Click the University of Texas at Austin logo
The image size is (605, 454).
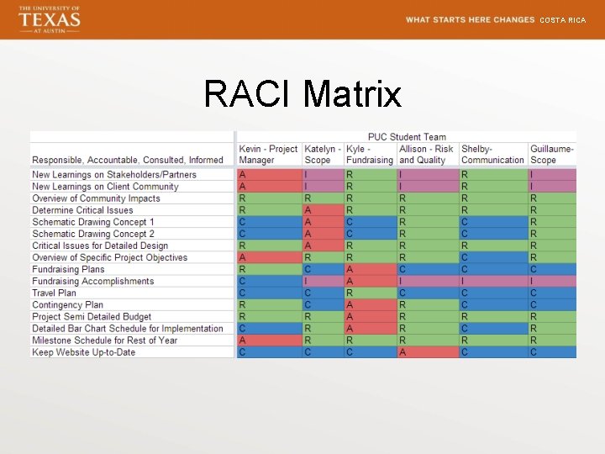(50, 18)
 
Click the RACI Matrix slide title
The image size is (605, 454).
(302, 94)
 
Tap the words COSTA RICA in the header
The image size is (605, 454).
(562, 20)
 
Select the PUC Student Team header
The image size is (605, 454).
(407, 137)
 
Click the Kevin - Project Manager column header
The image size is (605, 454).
(268, 155)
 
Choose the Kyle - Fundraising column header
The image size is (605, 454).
(370, 155)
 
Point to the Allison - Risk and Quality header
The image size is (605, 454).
(426, 155)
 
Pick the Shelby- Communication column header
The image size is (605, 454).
(492, 155)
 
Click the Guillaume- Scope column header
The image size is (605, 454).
(551, 155)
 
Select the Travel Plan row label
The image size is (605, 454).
(55, 293)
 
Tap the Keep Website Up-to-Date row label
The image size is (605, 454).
(83, 352)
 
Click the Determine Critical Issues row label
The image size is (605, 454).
(82, 210)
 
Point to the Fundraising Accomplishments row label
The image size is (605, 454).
(93, 282)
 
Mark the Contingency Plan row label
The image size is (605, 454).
(68, 305)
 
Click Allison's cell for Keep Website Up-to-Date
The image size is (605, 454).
(428, 352)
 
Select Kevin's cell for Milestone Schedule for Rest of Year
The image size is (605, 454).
(269, 340)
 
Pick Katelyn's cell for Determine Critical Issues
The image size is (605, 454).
(323, 210)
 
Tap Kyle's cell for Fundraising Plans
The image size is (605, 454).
(370, 270)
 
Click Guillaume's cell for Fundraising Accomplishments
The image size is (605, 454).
(552, 282)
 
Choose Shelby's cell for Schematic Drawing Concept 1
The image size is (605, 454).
(493, 222)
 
